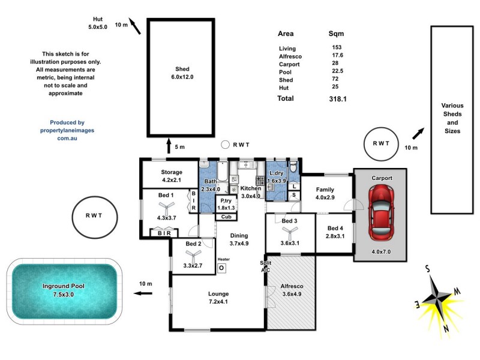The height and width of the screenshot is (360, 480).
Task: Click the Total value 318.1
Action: (340, 98)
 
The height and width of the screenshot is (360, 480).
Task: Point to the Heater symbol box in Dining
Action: (221, 268)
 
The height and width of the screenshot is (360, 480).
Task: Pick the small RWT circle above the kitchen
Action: (225, 144)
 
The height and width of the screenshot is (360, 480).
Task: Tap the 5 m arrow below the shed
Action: (169, 146)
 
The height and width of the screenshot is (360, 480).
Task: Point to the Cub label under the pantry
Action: (227, 217)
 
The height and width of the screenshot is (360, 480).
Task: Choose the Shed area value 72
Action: (335, 80)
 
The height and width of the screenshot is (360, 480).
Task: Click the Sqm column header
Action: (336, 34)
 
